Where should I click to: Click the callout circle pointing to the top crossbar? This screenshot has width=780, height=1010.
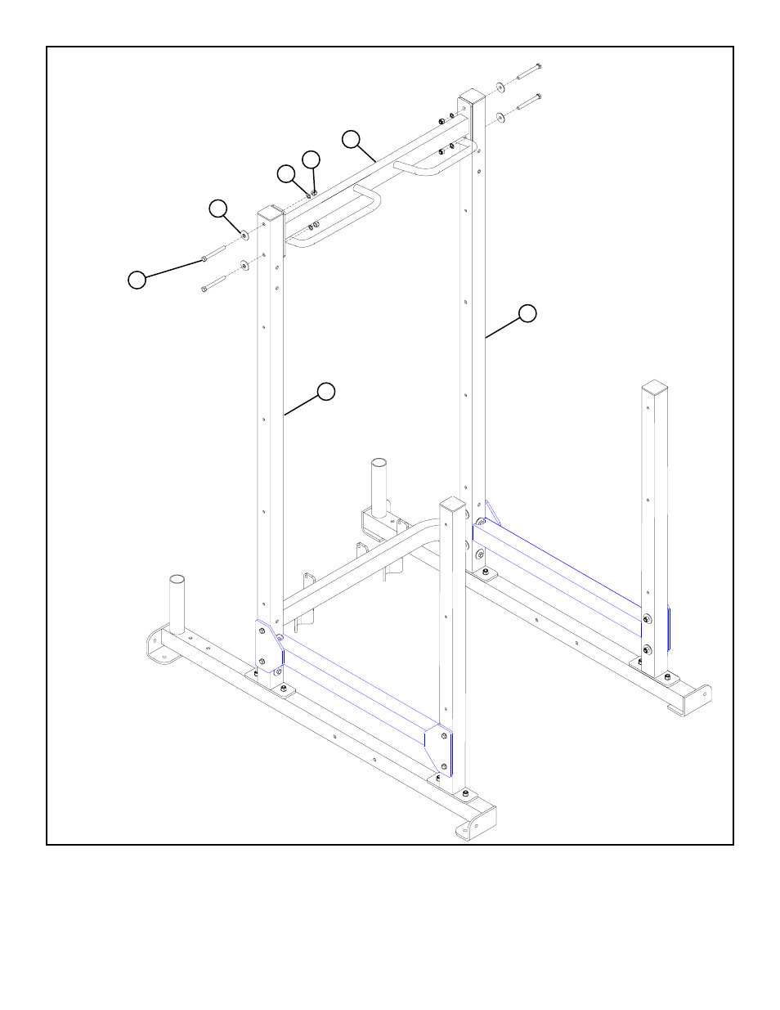point(351,139)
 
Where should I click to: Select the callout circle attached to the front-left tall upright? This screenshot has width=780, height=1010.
point(326,391)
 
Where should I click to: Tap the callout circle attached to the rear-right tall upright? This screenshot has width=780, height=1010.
point(527,313)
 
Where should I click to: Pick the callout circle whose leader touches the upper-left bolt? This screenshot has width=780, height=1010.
point(137,280)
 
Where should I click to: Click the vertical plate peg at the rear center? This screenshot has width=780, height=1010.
point(379,487)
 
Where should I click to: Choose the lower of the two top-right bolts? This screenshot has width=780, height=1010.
point(528,102)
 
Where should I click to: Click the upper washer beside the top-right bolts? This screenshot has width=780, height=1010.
point(500,87)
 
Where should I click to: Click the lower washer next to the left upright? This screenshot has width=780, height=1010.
point(244,265)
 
